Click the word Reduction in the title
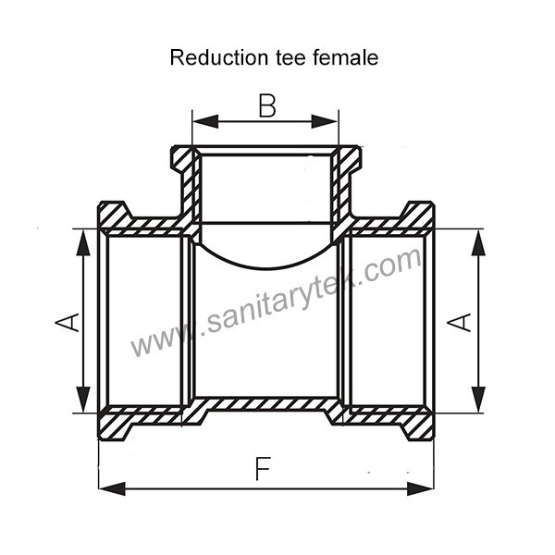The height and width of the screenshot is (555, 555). (x=207, y=58)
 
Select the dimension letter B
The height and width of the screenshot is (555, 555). (x=266, y=106)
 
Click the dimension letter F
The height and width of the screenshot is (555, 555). (x=264, y=471)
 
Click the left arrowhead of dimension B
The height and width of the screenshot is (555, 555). (x=202, y=120)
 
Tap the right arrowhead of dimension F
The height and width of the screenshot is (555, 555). (x=424, y=487)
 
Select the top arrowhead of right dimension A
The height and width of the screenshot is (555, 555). (x=477, y=239)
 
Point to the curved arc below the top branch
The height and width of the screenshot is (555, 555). (x=266, y=263)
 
